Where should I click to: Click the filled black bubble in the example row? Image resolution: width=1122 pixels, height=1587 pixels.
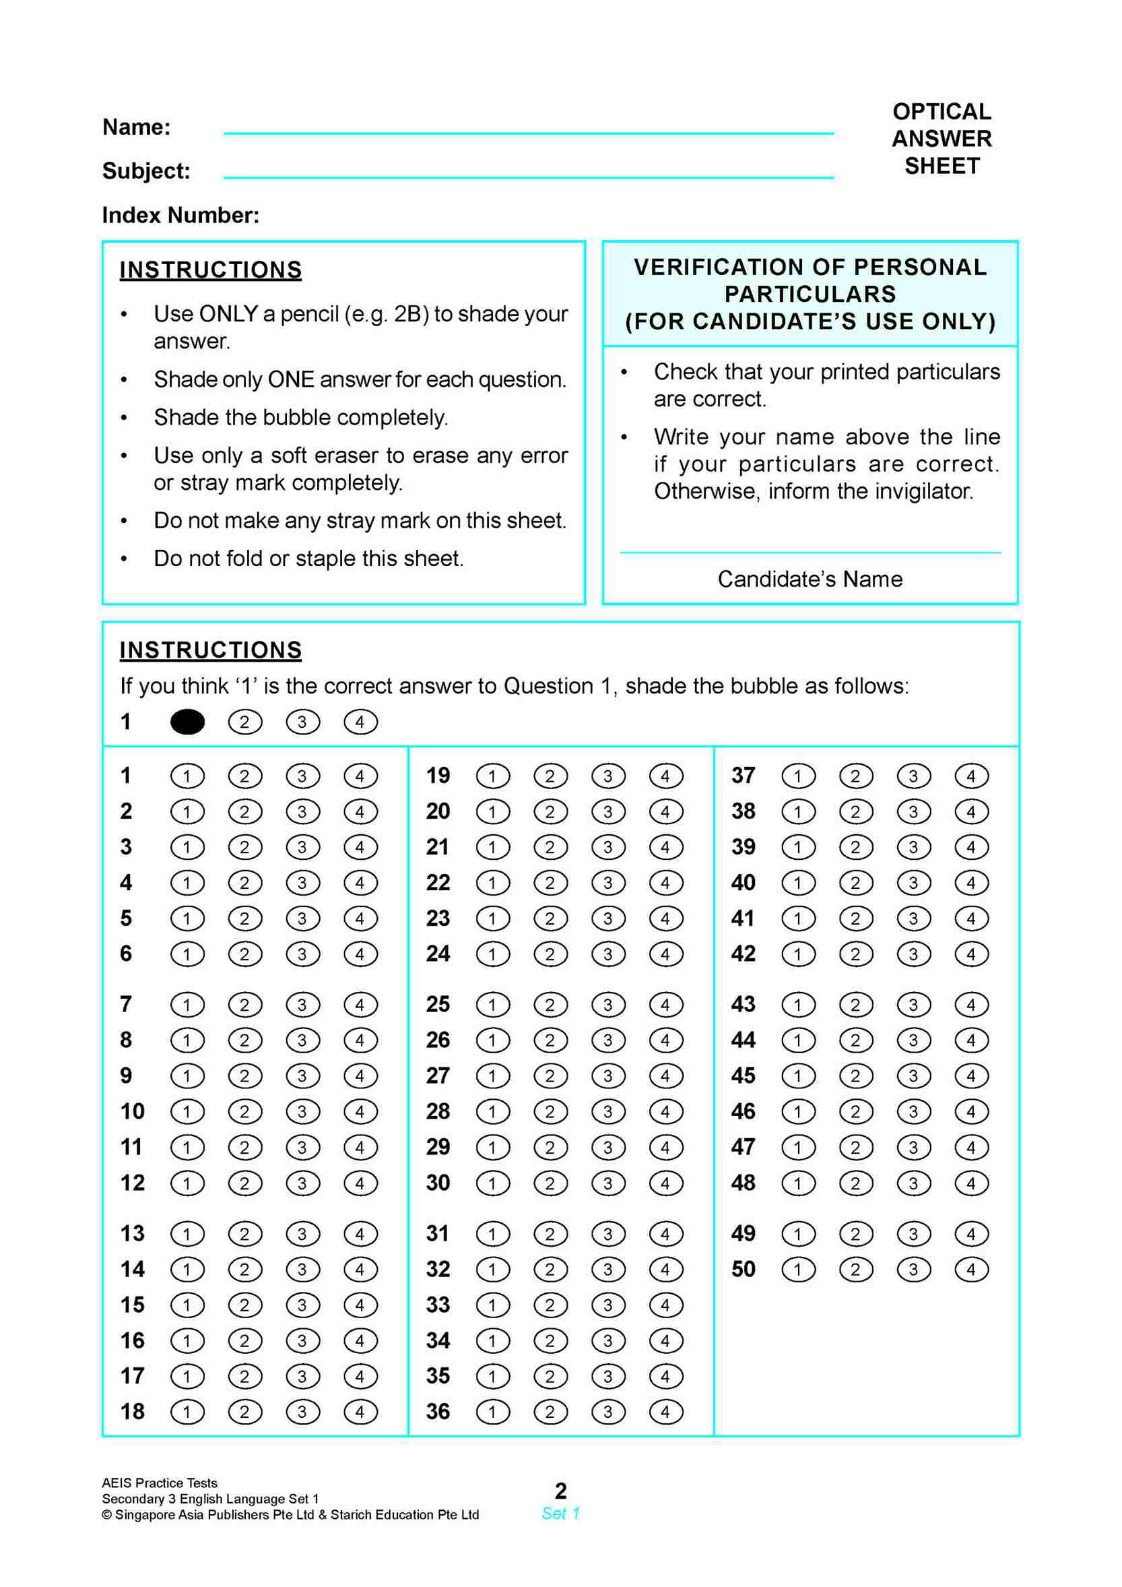click(187, 722)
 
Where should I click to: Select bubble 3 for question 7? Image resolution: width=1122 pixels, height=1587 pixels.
click(302, 1004)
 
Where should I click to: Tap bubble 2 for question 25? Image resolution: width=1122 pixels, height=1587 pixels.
click(550, 1004)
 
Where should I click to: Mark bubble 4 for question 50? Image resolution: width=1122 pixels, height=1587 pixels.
click(970, 1269)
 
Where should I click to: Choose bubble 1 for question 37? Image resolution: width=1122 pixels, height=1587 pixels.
click(798, 776)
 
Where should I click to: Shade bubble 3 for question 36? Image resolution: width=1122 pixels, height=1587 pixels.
click(608, 1411)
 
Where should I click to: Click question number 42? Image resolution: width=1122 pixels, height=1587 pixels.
click(744, 954)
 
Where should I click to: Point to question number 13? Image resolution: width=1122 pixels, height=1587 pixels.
click(133, 1233)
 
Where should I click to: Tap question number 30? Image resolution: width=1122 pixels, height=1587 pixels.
click(438, 1183)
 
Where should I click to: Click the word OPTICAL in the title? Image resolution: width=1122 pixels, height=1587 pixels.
click(942, 111)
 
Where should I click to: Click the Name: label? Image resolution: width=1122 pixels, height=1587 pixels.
click(137, 127)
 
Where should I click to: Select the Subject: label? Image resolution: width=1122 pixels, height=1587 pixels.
click(146, 170)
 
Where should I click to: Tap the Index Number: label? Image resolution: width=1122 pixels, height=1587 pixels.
click(181, 216)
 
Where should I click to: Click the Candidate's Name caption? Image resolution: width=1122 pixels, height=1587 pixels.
click(810, 579)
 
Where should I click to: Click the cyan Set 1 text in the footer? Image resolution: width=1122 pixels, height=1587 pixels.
click(560, 1513)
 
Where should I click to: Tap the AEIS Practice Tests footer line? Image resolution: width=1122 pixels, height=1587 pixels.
click(160, 1483)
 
